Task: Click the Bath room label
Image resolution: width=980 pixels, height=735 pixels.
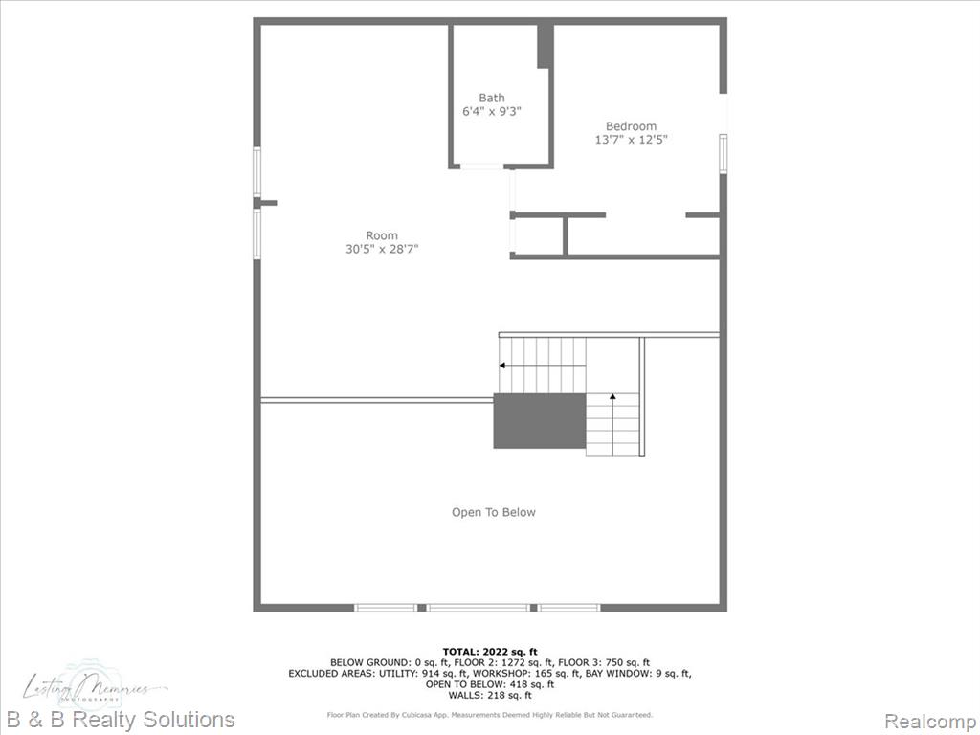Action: tap(492, 98)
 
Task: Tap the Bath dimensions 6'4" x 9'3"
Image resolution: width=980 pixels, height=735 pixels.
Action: tap(492, 112)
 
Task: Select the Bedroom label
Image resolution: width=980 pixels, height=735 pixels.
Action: tap(631, 126)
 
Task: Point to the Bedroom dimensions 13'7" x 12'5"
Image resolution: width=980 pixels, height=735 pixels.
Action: tap(631, 140)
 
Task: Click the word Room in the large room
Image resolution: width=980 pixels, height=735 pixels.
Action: tap(382, 235)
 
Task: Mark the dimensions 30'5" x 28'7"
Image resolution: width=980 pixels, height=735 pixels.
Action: tap(382, 250)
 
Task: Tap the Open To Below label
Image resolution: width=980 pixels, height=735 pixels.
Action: tap(494, 512)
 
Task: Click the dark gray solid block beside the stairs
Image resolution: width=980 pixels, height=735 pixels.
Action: tap(539, 420)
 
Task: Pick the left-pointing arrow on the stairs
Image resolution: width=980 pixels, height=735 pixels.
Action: tap(503, 365)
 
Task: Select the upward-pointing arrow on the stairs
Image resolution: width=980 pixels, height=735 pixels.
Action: tap(612, 396)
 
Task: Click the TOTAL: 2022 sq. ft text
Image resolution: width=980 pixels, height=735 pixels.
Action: tap(489, 652)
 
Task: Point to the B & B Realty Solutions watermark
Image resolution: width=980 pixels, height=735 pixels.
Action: tap(121, 720)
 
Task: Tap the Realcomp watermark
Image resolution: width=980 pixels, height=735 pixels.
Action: tap(927, 720)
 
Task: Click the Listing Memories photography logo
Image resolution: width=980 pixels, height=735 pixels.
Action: tap(96, 688)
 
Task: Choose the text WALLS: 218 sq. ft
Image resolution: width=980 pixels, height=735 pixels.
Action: tap(489, 696)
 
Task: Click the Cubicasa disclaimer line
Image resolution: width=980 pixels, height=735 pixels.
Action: tap(489, 715)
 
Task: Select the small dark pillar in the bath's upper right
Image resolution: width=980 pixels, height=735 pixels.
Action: tap(545, 46)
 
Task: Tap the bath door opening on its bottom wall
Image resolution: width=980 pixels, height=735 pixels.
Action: tap(481, 167)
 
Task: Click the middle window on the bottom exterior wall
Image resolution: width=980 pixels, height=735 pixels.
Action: tap(478, 608)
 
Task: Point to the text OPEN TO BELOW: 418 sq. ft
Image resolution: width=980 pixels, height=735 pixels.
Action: tap(489, 684)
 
